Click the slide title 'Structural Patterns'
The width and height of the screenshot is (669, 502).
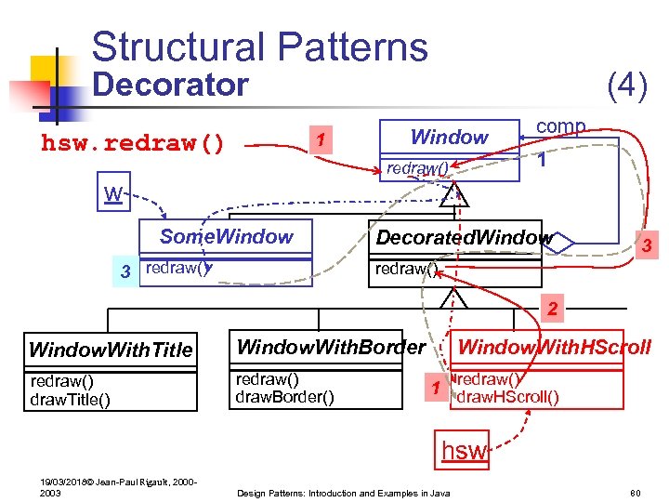click(x=259, y=46)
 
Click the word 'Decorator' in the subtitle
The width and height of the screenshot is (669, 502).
click(x=171, y=86)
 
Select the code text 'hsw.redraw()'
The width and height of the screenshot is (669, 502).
click(x=132, y=144)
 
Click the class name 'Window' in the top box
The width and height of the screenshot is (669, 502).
click(x=449, y=138)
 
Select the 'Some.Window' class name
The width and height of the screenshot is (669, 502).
click(x=226, y=237)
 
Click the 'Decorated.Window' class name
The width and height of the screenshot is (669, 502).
click(x=463, y=238)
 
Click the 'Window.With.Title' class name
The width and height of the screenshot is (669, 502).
click(x=111, y=350)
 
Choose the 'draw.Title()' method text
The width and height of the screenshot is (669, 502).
click(x=71, y=400)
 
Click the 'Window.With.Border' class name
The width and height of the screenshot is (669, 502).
click(x=331, y=349)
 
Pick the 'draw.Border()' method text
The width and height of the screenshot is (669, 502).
click(x=282, y=397)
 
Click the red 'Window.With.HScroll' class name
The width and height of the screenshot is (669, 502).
click(x=555, y=349)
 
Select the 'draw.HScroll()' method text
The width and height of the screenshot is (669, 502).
click(x=508, y=398)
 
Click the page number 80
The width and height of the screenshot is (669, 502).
click(x=636, y=490)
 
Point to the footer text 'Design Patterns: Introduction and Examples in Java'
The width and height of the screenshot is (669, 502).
click(x=344, y=491)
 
